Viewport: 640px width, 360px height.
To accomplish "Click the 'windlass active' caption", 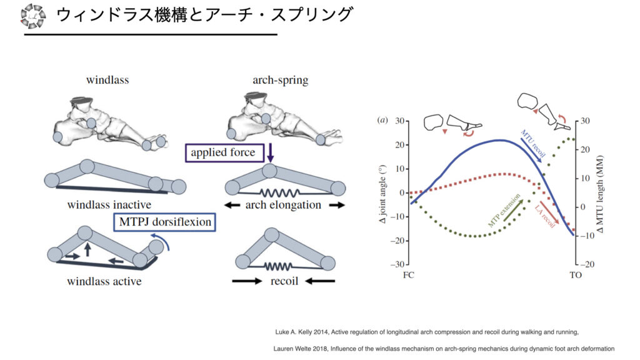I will pos(104,281).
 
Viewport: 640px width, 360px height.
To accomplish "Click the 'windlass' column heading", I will pos(107,81).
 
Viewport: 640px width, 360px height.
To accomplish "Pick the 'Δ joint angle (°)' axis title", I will pos(387,193).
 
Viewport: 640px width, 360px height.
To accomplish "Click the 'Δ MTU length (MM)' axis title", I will pos(599,193).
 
